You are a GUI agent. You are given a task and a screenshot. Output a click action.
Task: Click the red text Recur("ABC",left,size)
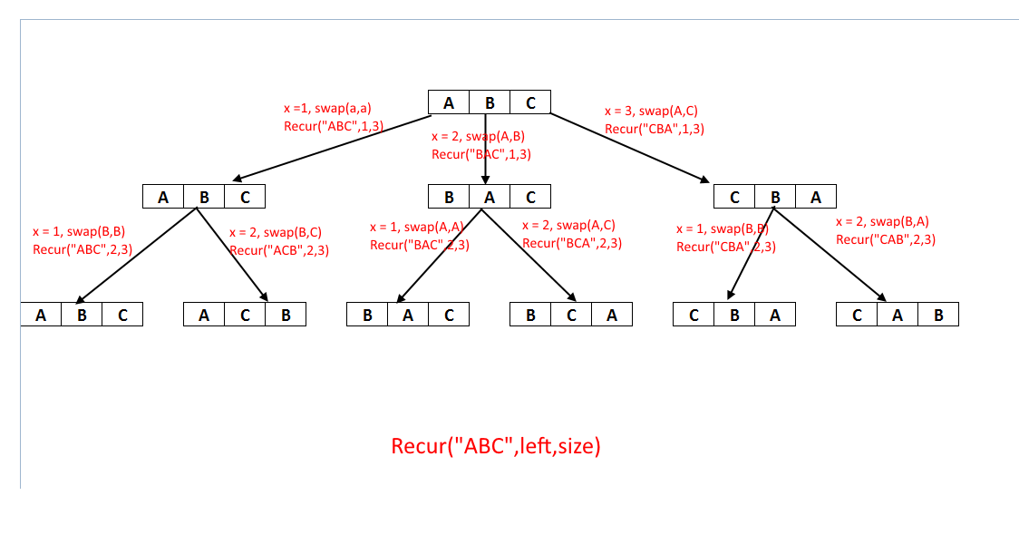tap(496, 446)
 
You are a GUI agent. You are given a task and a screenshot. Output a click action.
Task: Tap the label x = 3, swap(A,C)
tap(651, 112)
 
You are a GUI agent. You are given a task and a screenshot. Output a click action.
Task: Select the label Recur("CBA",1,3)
tap(655, 129)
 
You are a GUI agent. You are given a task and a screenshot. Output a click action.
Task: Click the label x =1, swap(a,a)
tap(327, 109)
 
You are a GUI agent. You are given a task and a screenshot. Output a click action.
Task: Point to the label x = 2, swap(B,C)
tap(276, 233)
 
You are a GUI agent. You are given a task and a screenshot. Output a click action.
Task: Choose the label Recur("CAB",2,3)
tap(886, 240)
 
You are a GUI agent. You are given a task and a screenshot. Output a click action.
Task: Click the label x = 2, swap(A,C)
tap(568, 226)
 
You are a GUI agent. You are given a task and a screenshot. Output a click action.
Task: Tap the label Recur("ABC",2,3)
tap(82, 249)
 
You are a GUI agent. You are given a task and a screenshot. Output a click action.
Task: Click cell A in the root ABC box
tap(449, 102)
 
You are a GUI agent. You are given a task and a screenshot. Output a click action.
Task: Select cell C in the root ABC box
tap(530, 102)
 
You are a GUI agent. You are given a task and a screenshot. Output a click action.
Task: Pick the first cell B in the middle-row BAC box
tap(449, 196)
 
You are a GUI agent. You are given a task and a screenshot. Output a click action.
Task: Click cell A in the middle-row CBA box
tap(816, 196)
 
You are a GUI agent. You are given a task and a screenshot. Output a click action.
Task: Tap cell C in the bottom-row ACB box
tap(245, 315)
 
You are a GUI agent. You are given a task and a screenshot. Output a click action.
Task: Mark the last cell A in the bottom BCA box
tap(612, 315)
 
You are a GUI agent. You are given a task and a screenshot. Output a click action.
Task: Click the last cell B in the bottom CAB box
tap(938, 315)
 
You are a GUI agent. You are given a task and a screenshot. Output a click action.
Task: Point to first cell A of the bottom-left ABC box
tap(41, 315)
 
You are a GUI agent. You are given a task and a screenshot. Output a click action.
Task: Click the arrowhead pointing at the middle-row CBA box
tap(704, 179)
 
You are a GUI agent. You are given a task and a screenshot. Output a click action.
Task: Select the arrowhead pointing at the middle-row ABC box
tap(238, 178)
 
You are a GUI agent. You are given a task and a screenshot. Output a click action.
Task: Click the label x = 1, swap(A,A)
tap(416, 227)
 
